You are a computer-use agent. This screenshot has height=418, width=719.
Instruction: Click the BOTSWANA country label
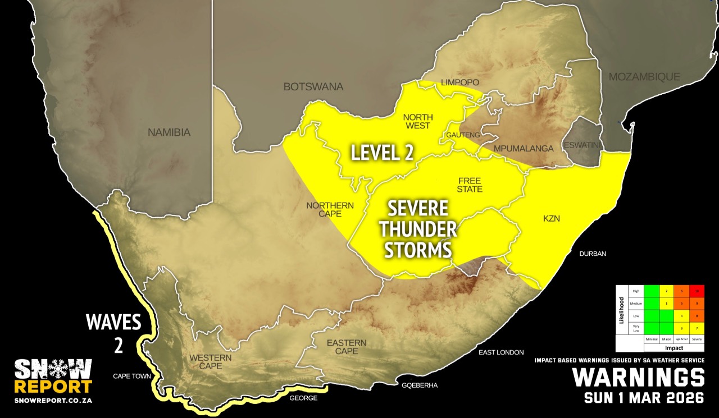313,87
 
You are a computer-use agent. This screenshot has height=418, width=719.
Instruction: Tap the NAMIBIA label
169,133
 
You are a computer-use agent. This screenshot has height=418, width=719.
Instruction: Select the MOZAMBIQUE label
645,77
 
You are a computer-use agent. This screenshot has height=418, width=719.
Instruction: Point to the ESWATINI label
582,144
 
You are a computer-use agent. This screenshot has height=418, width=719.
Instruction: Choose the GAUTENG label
463,135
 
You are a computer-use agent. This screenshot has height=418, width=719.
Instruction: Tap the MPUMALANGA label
524,149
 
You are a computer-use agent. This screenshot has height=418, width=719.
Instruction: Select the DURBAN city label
593,254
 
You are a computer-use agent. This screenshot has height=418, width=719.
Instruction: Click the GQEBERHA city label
419,385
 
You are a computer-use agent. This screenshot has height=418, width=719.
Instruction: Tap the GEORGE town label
303,398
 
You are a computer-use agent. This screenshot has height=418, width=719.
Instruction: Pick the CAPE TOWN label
132,376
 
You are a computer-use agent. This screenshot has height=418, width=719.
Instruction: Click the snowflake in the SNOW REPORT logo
53,369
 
